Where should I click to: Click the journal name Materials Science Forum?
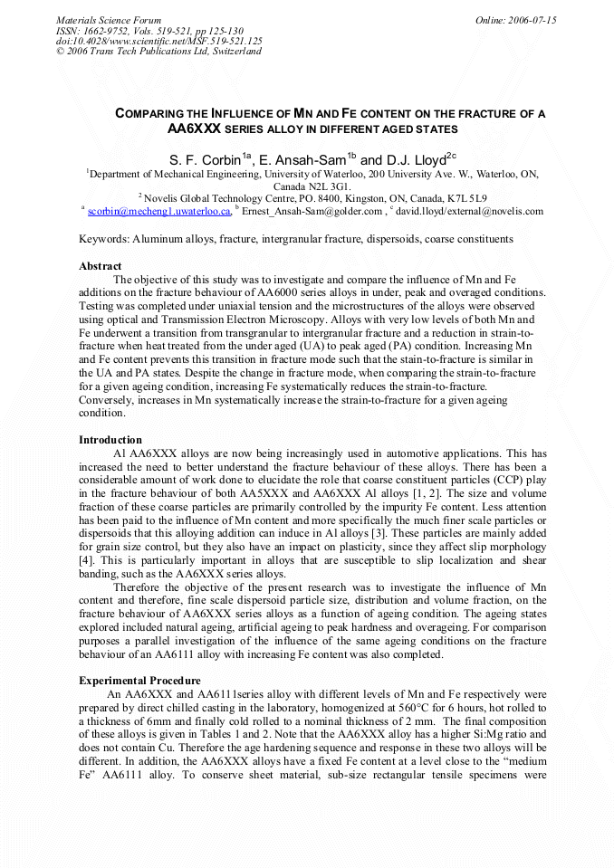(109, 19)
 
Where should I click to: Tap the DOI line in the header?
(159, 41)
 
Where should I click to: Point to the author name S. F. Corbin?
(207, 159)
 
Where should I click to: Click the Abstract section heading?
(100, 266)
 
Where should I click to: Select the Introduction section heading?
(110, 439)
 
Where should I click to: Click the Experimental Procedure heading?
(139, 680)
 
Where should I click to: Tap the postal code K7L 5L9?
(465, 198)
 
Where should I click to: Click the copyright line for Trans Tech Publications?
(158, 52)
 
